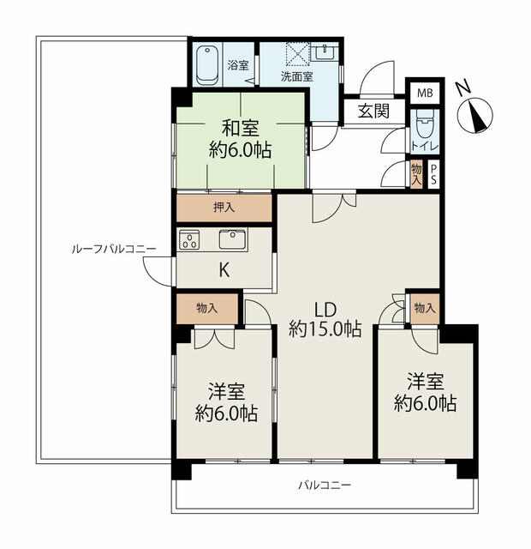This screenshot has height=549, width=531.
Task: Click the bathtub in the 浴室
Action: (x=207, y=65)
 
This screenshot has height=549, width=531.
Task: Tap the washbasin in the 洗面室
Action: (x=325, y=52)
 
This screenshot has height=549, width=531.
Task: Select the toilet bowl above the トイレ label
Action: (x=425, y=124)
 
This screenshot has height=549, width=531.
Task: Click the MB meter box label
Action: (x=425, y=94)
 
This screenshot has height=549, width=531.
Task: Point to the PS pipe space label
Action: (x=433, y=175)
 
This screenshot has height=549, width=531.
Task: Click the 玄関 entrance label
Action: (x=373, y=112)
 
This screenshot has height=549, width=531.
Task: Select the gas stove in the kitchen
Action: (x=189, y=240)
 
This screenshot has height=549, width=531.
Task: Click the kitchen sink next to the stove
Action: (x=232, y=240)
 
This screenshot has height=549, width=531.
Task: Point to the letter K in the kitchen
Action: (x=224, y=270)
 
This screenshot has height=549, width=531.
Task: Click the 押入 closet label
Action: (x=224, y=208)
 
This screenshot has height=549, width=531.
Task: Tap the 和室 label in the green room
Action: (x=241, y=128)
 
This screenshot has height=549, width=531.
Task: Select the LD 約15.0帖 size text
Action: (x=325, y=319)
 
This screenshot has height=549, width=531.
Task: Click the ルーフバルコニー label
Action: (x=114, y=250)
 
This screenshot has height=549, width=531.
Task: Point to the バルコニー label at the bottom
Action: (x=325, y=486)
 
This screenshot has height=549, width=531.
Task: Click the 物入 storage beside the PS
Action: (x=416, y=175)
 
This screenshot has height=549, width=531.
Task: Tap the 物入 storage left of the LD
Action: (x=207, y=309)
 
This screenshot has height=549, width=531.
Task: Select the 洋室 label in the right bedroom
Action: (x=426, y=381)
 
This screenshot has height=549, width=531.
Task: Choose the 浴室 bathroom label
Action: (x=238, y=65)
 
